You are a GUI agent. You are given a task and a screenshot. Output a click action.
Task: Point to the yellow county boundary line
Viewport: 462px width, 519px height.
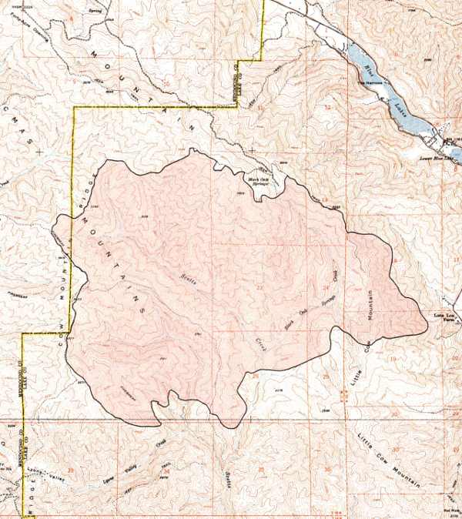(74, 193)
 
